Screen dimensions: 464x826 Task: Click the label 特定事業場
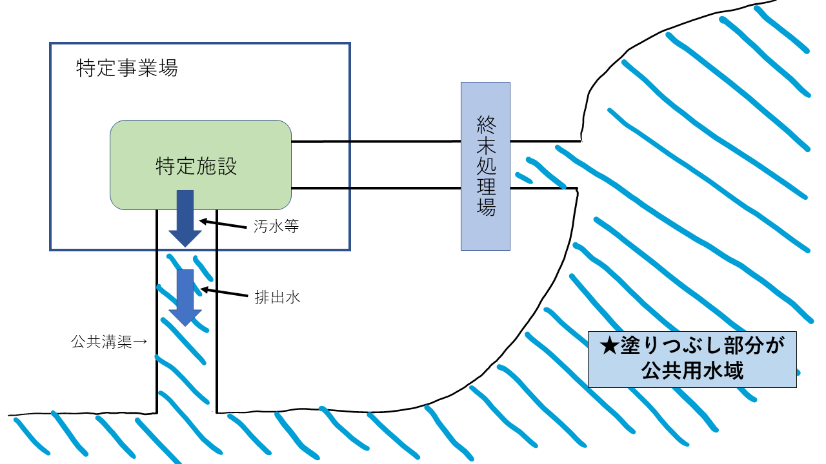(126, 68)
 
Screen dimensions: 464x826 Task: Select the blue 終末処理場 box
(485, 166)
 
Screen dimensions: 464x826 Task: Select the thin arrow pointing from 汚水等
(223, 224)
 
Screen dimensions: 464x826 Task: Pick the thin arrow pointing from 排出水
(223, 293)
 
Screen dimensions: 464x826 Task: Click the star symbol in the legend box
(609, 348)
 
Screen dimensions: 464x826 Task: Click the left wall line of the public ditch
(157, 309)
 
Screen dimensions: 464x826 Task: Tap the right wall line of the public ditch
(216, 309)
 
